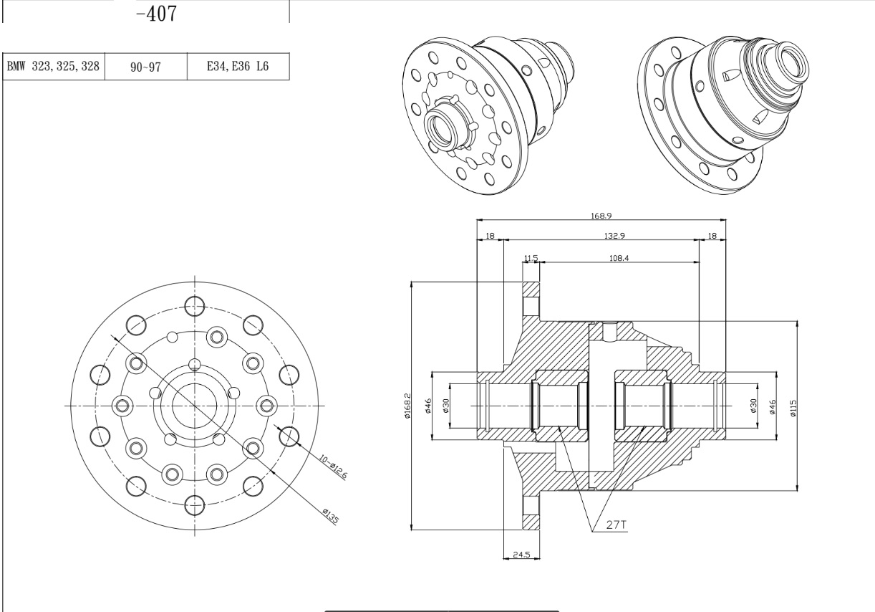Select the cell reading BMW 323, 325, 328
54,66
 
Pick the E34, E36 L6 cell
237,66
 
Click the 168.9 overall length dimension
601,214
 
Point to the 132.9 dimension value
601,236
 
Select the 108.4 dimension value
619,258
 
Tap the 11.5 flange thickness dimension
531,258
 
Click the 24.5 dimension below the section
521,554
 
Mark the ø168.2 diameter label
407,406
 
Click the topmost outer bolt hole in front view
194,306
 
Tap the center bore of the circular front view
194,406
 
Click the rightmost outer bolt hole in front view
289,435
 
